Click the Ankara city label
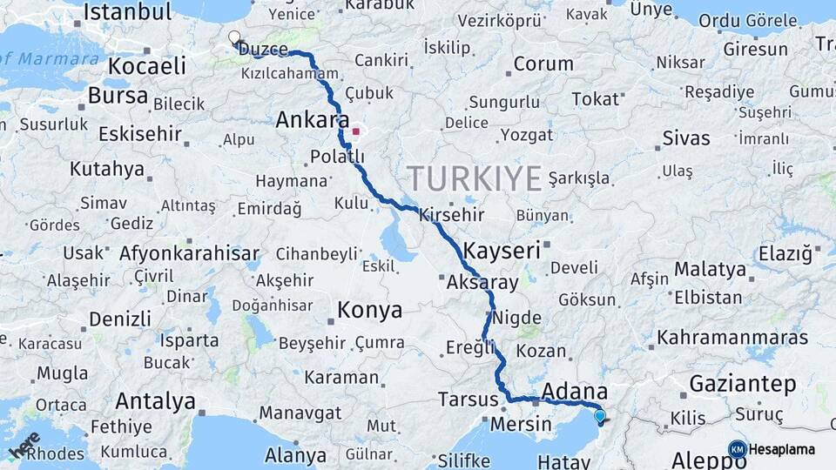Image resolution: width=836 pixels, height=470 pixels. [x=312, y=121]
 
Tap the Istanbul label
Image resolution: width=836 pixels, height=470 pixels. [x=127, y=12]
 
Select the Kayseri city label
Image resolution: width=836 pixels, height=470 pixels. [x=502, y=251]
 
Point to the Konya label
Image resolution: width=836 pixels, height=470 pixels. [x=370, y=310]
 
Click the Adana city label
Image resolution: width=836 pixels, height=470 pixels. [x=574, y=391]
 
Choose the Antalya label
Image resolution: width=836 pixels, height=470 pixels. [x=156, y=401]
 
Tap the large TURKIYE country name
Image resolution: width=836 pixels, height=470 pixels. [x=475, y=178]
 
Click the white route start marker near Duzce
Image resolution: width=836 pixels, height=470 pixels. [x=233, y=37]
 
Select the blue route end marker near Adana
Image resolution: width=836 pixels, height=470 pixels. [x=599, y=416]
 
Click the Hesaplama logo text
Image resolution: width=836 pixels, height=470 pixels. [x=782, y=449]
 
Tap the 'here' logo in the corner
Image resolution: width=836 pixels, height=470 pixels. [x=24, y=445]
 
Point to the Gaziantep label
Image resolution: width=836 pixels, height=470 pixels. [x=743, y=383]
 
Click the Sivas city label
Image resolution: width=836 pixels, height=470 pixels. [x=686, y=138]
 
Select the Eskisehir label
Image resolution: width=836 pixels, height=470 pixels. [x=139, y=134]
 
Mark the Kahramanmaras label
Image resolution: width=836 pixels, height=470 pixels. [x=731, y=337]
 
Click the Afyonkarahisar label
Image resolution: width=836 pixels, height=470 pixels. [x=189, y=254]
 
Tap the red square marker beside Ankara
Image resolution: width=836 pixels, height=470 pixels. [x=355, y=132]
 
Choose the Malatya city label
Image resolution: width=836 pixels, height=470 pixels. [x=710, y=268]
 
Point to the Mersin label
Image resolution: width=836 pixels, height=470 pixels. [x=522, y=424]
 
